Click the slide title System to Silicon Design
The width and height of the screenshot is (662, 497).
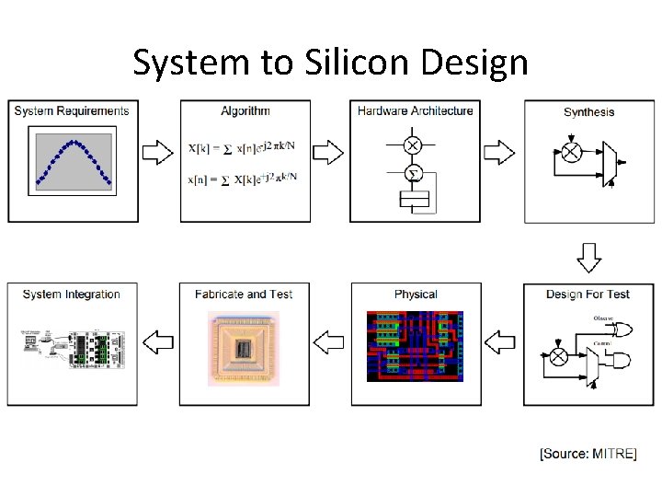(x=330, y=63)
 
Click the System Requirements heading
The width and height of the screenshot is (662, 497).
(x=72, y=111)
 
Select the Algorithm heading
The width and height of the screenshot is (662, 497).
(x=245, y=111)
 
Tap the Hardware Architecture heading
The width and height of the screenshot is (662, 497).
(x=416, y=111)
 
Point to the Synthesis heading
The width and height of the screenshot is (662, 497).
(x=589, y=112)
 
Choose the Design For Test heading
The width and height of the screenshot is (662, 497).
(x=588, y=295)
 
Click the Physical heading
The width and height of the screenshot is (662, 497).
(x=416, y=295)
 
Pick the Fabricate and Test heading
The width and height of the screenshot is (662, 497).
(x=244, y=295)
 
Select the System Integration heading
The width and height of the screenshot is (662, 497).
(x=72, y=295)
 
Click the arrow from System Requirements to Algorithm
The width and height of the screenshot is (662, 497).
(x=158, y=152)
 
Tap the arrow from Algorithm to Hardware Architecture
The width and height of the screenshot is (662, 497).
(x=329, y=152)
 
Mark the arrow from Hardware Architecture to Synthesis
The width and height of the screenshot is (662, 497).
(x=501, y=152)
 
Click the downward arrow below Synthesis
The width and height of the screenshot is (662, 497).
(x=589, y=257)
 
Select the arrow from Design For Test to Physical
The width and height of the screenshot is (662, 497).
(x=501, y=342)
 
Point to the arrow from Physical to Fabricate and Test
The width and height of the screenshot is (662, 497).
(x=329, y=342)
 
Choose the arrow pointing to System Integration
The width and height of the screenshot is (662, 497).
(x=158, y=342)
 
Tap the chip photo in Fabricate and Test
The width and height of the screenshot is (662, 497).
(x=244, y=348)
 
